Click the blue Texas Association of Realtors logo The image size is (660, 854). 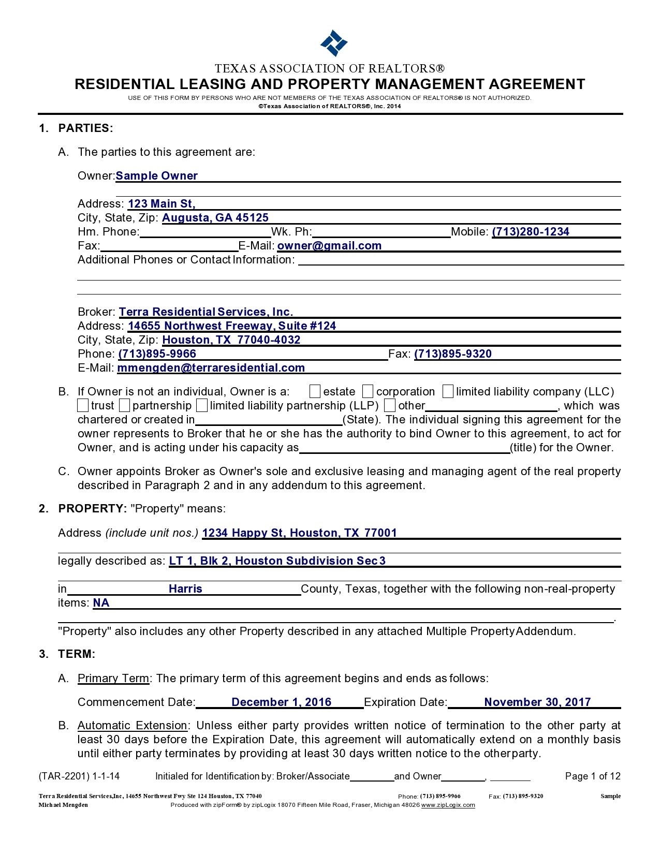(x=333, y=42)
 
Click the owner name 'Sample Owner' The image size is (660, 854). (x=156, y=176)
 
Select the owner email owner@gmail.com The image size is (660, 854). (x=329, y=246)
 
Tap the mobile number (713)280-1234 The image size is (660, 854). (x=530, y=232)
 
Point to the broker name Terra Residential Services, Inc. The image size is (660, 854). (x=206, y=312)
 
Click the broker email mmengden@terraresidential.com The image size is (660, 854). (x=211, y=368)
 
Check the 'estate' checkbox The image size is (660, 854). (x=315, y=391)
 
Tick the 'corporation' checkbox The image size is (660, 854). (x=368, y=391)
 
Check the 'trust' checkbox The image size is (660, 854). (x=83, y=405)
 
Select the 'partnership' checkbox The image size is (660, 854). (x=124, y=405)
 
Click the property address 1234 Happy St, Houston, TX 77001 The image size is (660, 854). (x=299, y=533)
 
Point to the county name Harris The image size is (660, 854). (x=185, y=589)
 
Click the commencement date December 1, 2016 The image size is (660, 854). (x=281, y=702)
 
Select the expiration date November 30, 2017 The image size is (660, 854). (x=537, y=702)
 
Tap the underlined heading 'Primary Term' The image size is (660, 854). (x=113, y=679)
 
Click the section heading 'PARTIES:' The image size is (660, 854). (x=85, y=128)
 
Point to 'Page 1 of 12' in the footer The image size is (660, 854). (x=592, y=776)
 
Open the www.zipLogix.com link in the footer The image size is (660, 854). (x=448, y=805)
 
